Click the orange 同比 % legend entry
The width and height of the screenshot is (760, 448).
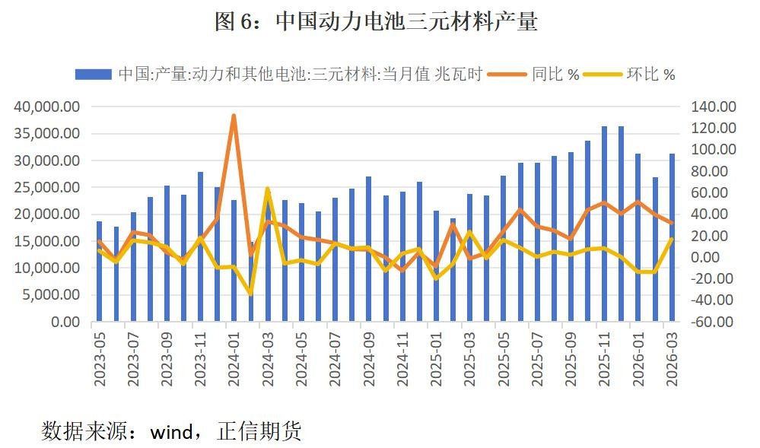click(537, 74)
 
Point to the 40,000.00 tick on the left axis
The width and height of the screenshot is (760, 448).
click(47, 106)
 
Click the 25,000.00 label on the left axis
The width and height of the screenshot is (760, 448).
click(47, 187)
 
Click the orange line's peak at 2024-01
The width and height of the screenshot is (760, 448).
click(234, 116)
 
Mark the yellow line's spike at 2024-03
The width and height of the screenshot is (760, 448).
click(268, 188)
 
